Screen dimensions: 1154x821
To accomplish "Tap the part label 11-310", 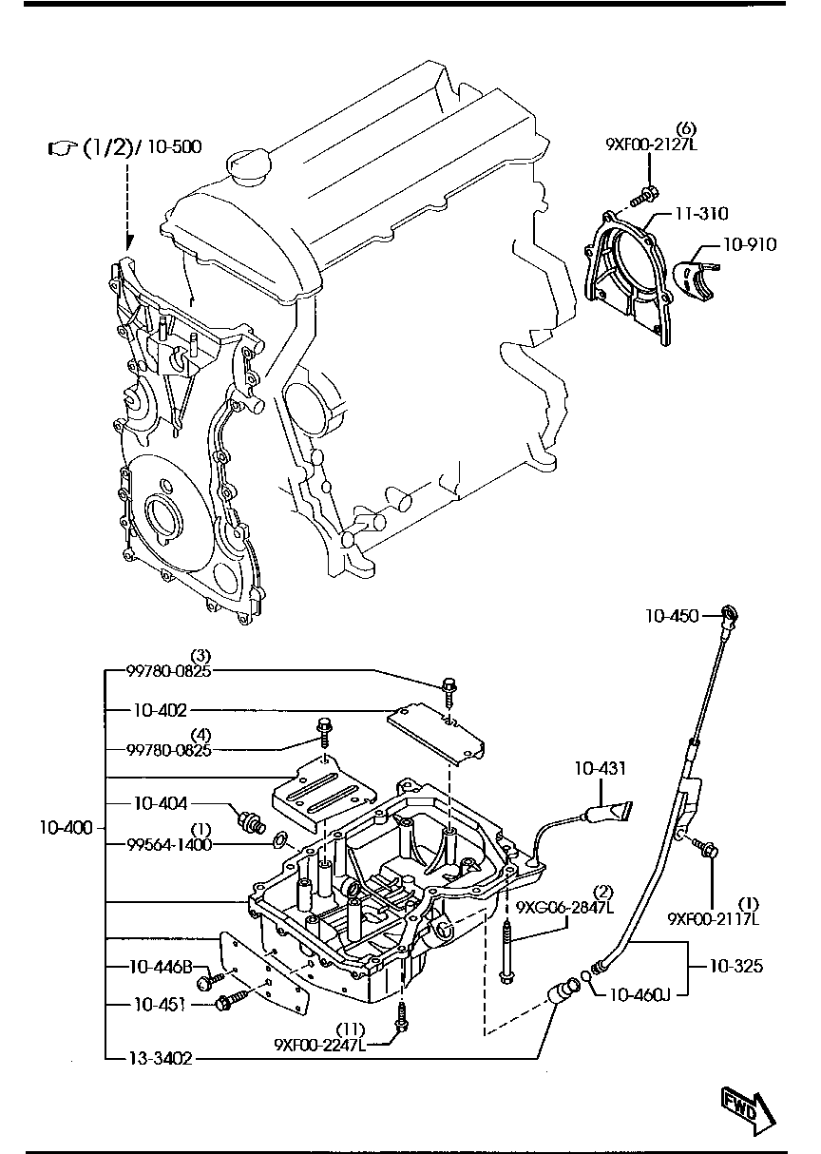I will pos(702,215).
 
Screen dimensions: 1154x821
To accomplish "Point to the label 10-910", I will pos(749,244).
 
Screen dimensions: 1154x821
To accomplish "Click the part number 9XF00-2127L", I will pos(651,144).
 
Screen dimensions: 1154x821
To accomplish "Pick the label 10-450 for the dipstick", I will pos(672,617).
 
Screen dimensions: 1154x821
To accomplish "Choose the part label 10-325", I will pos(736,967).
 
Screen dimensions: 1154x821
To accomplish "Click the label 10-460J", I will pos(640,995).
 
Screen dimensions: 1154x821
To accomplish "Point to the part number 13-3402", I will pos(161,1057).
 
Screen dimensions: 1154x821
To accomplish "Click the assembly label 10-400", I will pos(66,828).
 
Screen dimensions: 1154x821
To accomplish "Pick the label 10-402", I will pos(161,709).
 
